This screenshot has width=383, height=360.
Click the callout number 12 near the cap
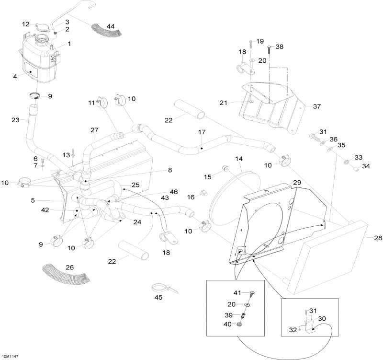coord(26,24)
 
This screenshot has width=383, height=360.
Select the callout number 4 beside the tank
coord(15,76)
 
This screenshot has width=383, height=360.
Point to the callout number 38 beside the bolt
coord(280,47)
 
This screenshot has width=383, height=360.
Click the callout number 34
coord(366,166)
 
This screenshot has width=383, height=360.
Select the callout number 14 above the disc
coord(239,158)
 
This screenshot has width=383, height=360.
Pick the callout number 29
coord(297,183)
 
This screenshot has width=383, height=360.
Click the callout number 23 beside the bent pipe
coord(15,120)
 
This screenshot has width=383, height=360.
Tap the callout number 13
coord(66,154)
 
